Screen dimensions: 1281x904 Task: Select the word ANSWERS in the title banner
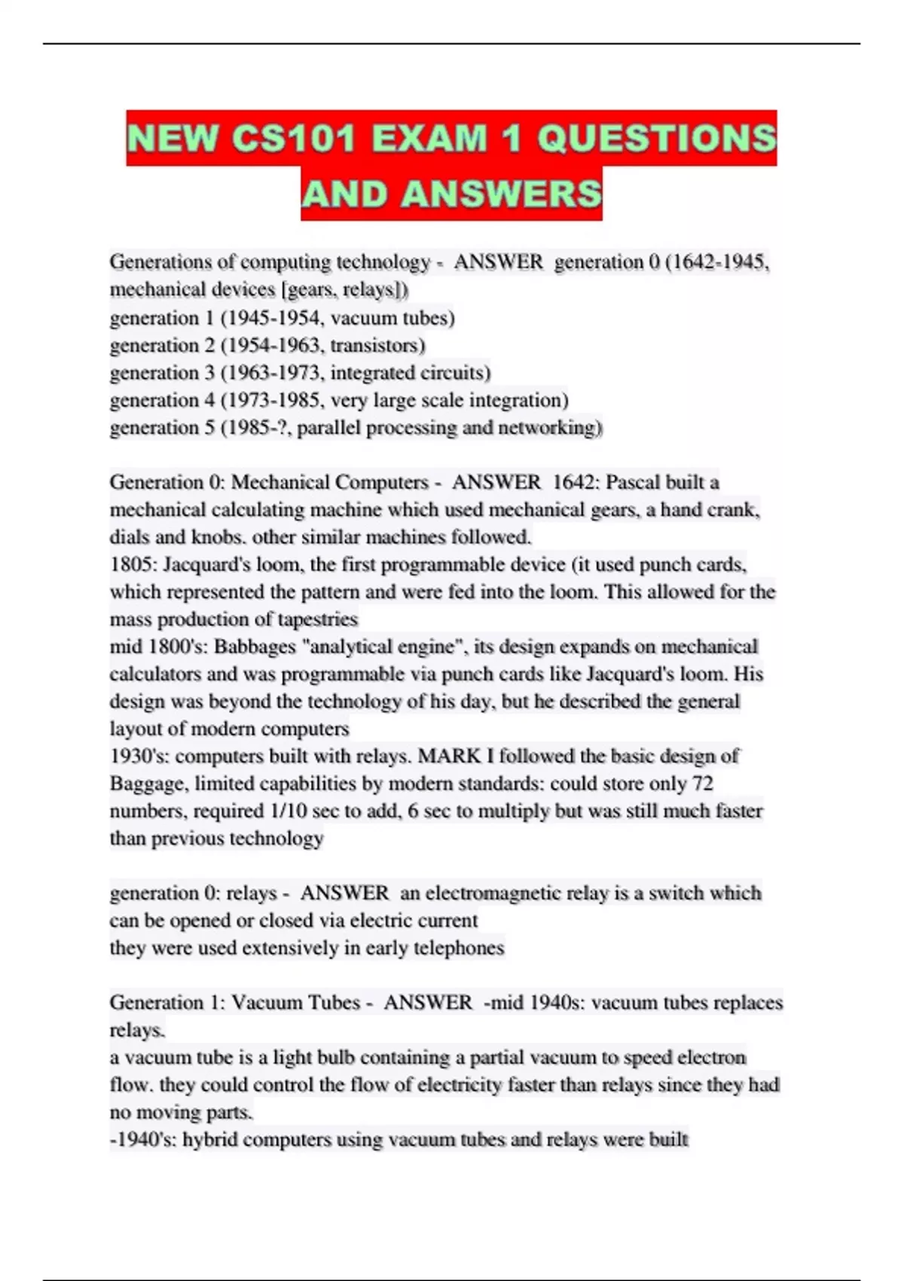pyautogui.click(x=501, y=194)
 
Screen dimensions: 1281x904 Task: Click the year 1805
pyautogui.click(x=131, y=564)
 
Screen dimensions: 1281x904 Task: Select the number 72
pyautogui.click(x=702, y=784)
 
